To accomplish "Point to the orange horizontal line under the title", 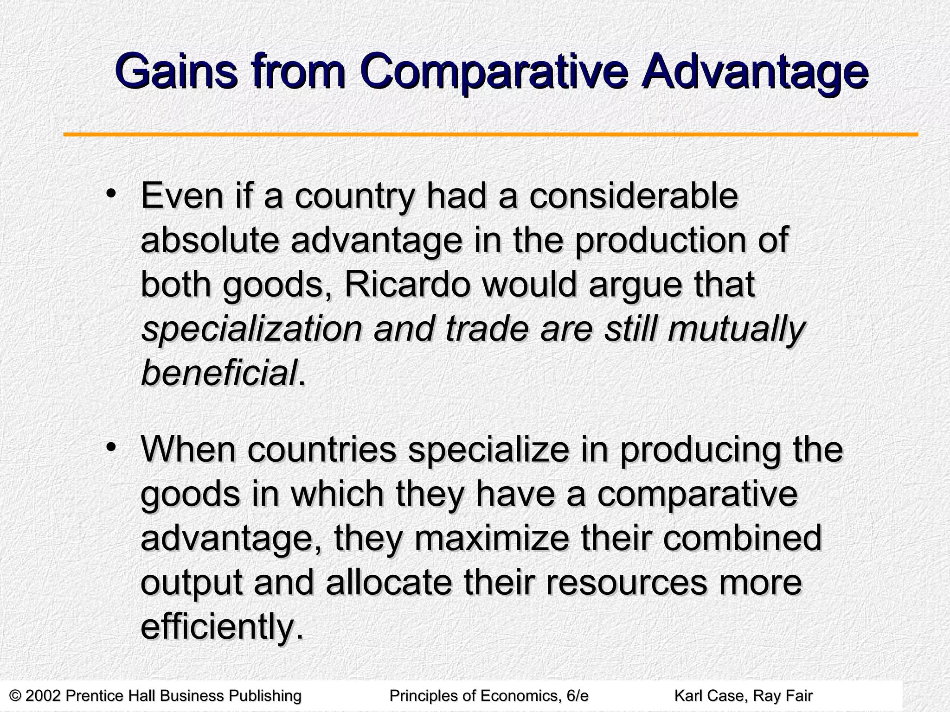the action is tap(490, 135).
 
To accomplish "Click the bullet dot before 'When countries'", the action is tap(110, 447).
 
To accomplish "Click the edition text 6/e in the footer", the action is tap(577, 695).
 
